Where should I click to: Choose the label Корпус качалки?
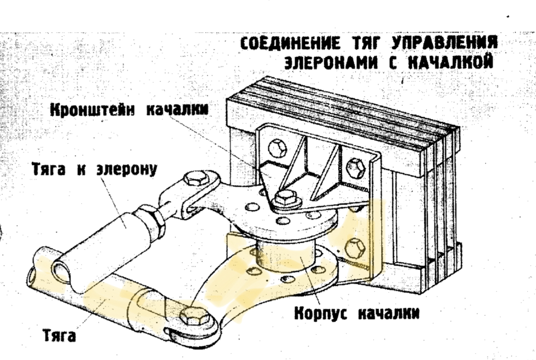[356, 313]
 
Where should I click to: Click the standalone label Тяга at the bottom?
[58, 336]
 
